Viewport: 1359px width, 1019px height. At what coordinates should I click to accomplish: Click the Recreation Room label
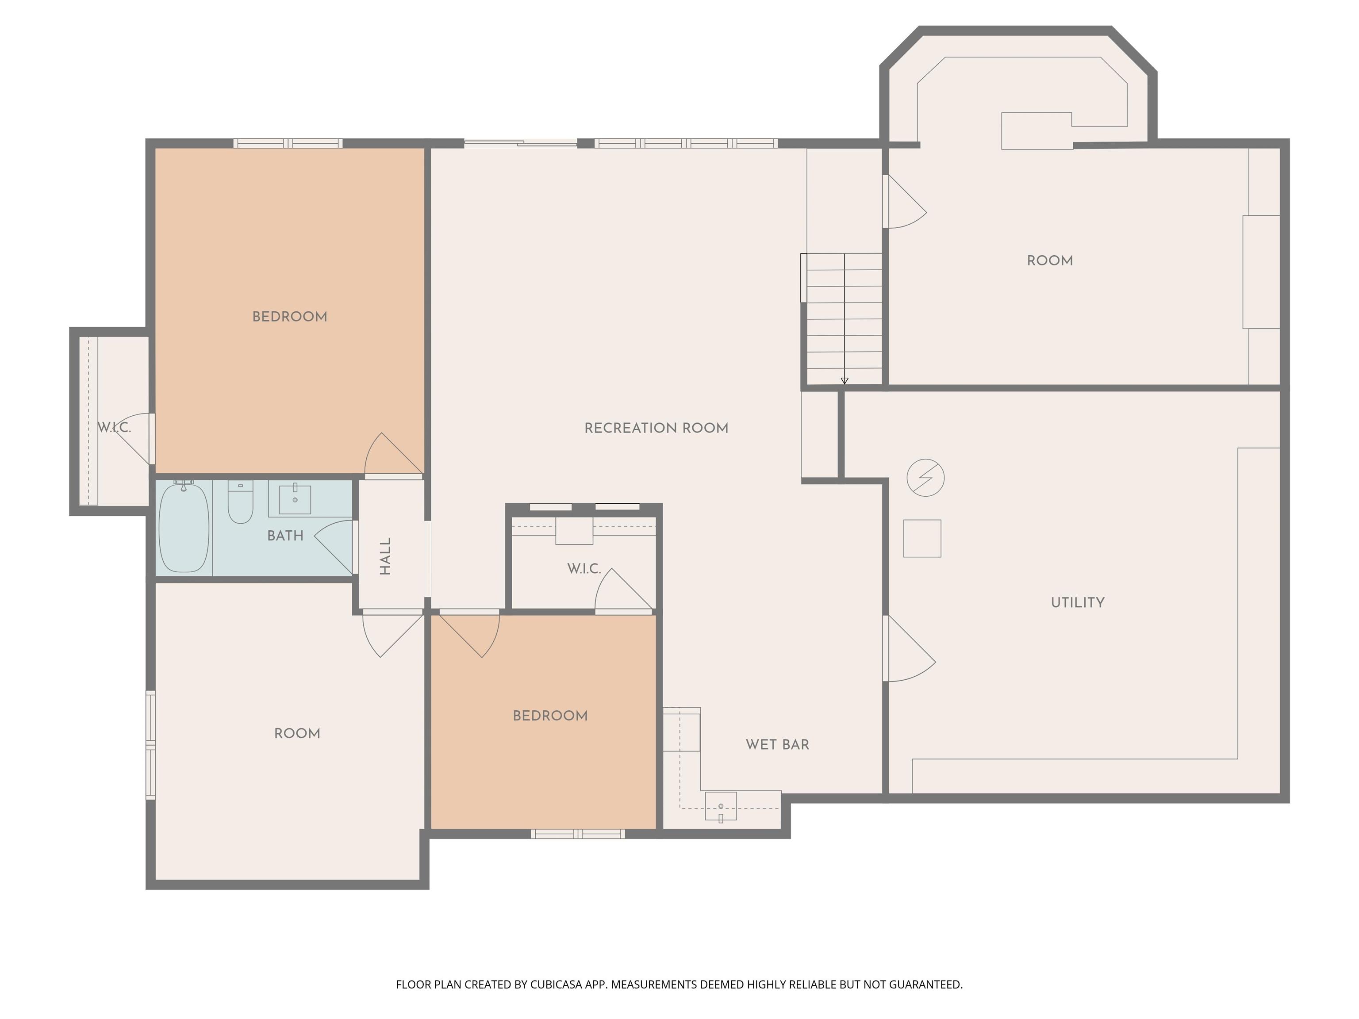tap(656, 428)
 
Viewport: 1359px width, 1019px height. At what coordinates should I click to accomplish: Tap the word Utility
tap(1078, 602)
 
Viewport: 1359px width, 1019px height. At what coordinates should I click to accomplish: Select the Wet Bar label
tap(777, 744)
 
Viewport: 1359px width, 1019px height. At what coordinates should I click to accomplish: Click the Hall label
tap(385, 556)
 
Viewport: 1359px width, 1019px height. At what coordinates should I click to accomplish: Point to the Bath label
tap(285, 536)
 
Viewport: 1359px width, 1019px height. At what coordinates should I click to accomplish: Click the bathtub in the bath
tap(184, 528)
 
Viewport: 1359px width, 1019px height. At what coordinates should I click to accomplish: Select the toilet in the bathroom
tap(240, 501)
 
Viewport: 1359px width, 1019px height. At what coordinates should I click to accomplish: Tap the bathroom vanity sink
tap(295, 499)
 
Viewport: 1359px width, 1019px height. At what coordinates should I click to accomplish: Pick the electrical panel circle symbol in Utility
tap(925, 477)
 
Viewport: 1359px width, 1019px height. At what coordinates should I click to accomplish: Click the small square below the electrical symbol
tap(922, 539)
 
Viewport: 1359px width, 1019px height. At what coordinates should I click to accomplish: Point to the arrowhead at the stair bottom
tap(844, 381)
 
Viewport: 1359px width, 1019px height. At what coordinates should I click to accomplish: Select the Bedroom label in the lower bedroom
tap(550, 716)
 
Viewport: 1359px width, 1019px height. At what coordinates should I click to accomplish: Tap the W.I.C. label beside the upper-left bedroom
tap(114, 428)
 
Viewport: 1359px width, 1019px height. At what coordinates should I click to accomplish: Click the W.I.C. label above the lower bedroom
tap(584, 569)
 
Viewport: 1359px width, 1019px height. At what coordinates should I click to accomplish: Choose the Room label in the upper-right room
tap(1050, 260)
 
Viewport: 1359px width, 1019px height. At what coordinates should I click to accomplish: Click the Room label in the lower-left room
tap(297, 733)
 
